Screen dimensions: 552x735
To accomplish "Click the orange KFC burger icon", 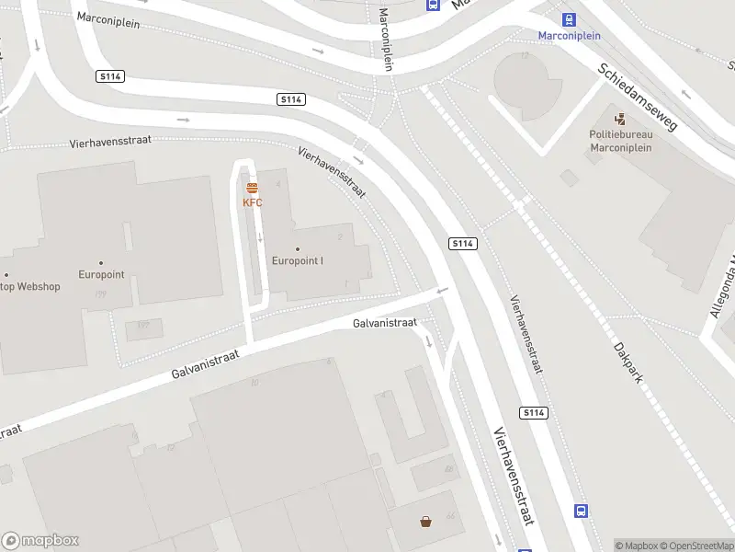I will (x=252, y=189).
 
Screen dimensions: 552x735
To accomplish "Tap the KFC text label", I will (x=252, y=202).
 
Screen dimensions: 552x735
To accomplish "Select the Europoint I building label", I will (x=297, y=260).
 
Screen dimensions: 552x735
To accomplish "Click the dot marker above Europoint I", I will (x=297, y=249).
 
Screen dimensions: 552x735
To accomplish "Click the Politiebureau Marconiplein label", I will (x=620, y=140).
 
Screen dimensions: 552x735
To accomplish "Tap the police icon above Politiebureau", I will (x=620, y=119).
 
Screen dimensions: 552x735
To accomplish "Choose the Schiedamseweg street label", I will (x=637, y=97).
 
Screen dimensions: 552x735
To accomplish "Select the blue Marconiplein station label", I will (x=569, y=36).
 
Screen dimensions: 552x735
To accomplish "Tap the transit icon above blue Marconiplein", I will (x=569, y=19).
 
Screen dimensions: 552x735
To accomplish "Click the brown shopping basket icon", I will (x=426, y=523).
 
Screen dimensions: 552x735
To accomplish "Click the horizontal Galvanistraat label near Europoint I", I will (x=385, y=323).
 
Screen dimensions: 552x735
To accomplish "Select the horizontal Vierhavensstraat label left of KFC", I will (x=110, y=143).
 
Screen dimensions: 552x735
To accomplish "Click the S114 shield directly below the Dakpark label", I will (x=534, y=413).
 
